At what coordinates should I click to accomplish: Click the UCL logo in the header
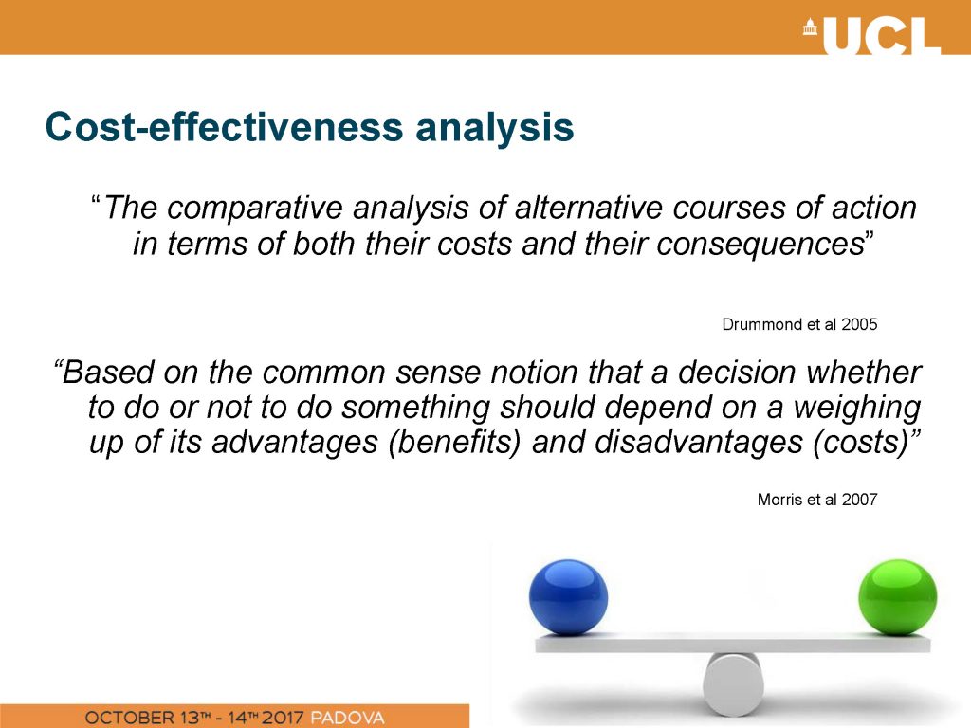pyautogui.click(x=872, y=35)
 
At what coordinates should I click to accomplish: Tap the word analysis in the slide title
pyautogui.click(x=494, y=129)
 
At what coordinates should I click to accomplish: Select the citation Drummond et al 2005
pyautogui.click(x=799, y=324)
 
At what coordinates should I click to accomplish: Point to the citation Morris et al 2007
pyautogui.click(x=816, y=500)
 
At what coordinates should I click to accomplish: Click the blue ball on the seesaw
pyautogui.click(x=568, y=597)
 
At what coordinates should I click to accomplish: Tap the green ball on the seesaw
pyautogui.click(x=897, y=597)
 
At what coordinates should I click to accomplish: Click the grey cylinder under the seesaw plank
pyautogui.click(x=733, y=683)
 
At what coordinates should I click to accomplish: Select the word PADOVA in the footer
pyautogui.click(x=347, y=719)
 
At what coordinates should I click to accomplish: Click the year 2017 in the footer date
pyautogui.click(x=283, y=719)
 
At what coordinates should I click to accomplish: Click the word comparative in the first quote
pyautogui.click(x=254, y=209)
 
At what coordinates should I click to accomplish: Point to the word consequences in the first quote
pyautogui.click(x=760, y=244)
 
